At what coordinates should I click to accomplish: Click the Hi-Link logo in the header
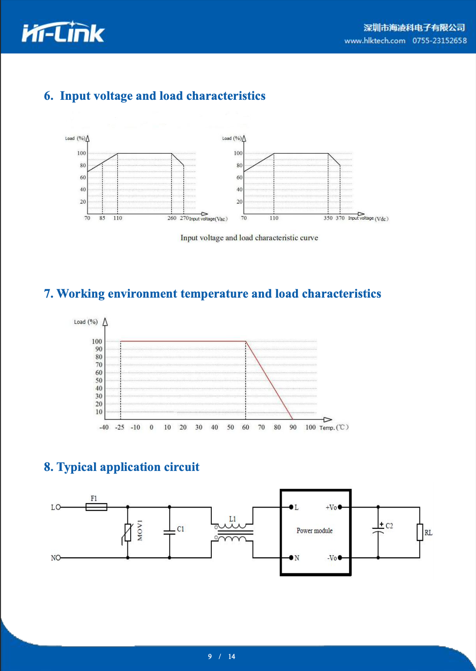click(x=63, y=33)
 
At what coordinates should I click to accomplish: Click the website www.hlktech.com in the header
click(x=374, y=41)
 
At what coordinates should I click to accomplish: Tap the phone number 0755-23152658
click(x=439, y=41)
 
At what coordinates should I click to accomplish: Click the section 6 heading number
click(x=49, y=96)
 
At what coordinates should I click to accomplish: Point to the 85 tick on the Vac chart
click(x=102, y=218)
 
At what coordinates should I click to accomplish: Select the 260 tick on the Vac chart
click(x=172, y=218)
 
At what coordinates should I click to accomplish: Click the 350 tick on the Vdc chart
click(x=328, y=218)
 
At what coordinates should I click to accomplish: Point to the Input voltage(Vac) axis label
click(x=208, y=219)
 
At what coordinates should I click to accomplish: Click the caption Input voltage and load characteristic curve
click(x=249, y=237)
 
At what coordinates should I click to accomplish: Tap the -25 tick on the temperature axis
click(x=119, y=427)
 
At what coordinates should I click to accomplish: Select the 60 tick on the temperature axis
click(x=246, y=427)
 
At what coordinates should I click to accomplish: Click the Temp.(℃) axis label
click(x=334, y=427)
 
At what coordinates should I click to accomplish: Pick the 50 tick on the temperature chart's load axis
click(x=98, y=381)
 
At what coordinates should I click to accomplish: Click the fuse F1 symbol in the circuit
click(x=96, y=507)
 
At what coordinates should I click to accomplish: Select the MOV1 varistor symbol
click(x=128, y=532)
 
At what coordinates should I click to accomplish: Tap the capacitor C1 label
click(x=181, y=529)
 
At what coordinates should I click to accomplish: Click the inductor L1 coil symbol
click(x=232, y=532)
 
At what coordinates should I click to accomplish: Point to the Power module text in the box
click(x=315, y=531)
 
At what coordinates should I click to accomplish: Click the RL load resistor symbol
click(x=419, y=532)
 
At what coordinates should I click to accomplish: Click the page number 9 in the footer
click(x=210, y=656)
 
